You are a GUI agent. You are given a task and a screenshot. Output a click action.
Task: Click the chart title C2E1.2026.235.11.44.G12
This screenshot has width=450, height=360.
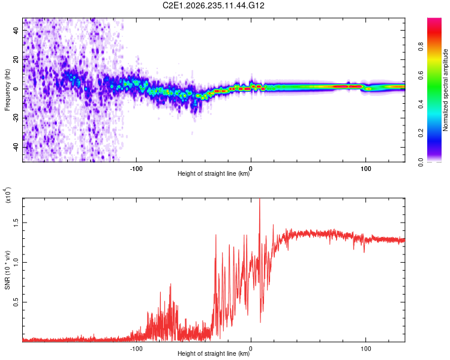click(x=213, y=5)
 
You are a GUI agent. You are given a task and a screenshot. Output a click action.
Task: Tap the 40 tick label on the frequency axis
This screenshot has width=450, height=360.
click(x=16, y=31)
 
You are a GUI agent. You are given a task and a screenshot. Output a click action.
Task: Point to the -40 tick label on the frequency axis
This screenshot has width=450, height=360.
click(x=16, y=147)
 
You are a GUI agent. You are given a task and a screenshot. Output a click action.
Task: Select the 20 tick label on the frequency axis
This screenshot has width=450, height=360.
click(x=16, y=60)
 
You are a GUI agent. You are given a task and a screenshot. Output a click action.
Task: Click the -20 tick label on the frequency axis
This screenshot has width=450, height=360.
click(x=16, y=118)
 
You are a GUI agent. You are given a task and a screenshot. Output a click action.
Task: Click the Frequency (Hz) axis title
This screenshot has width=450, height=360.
click(x=7, y=90)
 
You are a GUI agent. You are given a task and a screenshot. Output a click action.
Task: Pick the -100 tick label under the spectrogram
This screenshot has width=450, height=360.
click(x=136, y=169)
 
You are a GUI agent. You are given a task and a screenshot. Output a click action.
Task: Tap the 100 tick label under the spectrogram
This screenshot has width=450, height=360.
click(x=365, y=169)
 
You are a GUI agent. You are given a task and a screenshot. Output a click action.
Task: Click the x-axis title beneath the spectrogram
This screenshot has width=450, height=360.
click(x=214, y=173)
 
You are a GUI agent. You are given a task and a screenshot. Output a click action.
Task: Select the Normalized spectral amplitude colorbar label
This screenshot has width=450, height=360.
click(x=445, y=90)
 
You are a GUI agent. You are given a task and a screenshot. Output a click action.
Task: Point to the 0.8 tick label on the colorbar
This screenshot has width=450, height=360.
click(x=421, y=47)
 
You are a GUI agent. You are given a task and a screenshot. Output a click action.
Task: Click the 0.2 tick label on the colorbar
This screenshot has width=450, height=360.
click(x=421, y=133)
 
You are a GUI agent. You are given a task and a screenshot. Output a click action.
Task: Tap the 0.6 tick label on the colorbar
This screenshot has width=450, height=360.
click(x=421, y=75)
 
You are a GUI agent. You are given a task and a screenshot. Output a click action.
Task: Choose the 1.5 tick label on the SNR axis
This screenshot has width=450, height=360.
click(x=16, y=223)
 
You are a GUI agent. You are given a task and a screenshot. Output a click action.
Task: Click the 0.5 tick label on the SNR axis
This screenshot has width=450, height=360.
click(x=16, y=302)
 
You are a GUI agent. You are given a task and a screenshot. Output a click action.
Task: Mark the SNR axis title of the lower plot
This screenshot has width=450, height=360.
click(x=7, y=270)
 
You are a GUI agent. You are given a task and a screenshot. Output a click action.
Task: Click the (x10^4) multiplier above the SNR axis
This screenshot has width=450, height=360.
click(x=8, y=195)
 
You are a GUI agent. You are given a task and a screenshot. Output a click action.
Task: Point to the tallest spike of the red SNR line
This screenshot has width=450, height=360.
click(x=260, y=199)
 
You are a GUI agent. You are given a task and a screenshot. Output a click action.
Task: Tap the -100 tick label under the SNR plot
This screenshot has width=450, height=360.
click(x=136, y=349)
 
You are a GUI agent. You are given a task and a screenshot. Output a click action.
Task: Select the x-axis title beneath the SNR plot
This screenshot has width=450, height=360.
click(x=214, y=353)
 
